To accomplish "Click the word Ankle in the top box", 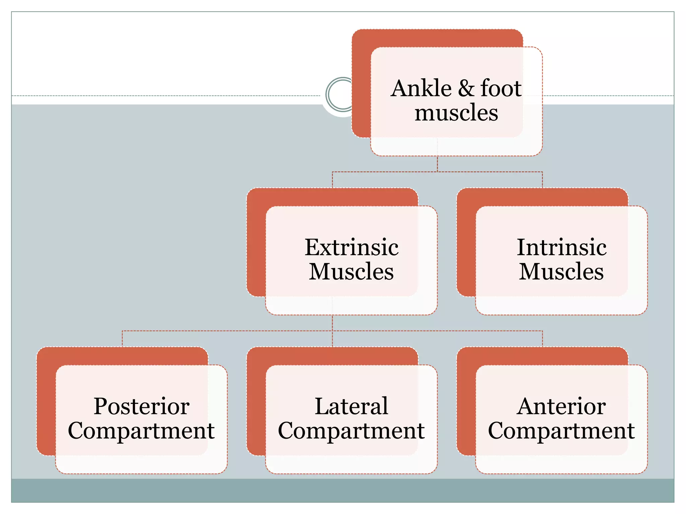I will coord(421,89).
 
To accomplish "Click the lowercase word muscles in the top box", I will coord(456,113).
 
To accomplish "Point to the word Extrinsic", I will coord(351,248).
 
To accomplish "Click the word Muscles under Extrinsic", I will coord(351,271).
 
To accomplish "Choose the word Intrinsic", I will coord(561,248).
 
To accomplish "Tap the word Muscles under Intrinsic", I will coord(561,271).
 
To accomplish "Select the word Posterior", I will coord(141,407).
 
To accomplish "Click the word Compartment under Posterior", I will coord(141,431).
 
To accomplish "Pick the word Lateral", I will coord(351,407).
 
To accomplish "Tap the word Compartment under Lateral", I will coord(351,431).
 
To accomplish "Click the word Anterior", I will coord(561,407).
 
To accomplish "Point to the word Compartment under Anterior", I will coord(561,431).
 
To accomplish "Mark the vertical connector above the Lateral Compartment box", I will coord(332,339).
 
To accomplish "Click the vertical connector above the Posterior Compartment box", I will coord(122,339).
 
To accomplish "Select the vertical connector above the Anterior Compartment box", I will coord(542,339).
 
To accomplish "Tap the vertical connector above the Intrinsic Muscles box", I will coord(542,180).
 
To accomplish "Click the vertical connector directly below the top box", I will coord(437,164).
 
